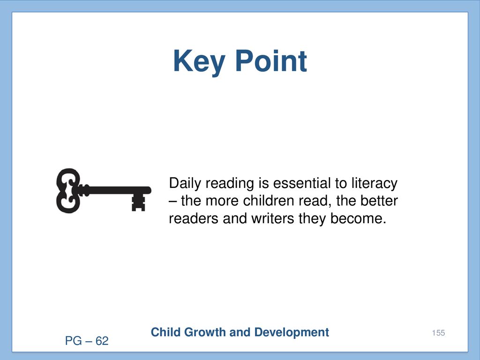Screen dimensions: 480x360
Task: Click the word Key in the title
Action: click(199, 62)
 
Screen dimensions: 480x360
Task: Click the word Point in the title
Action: click(271, 61)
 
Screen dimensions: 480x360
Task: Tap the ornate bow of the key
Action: click(68, 190)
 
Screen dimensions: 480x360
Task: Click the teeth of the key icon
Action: click(138, 202)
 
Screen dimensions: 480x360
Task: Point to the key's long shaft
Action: click(116, 190)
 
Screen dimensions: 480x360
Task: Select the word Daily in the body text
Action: click(185, 184)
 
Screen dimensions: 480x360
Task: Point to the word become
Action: click(358, 218)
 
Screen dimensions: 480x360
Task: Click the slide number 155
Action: click(438, 333)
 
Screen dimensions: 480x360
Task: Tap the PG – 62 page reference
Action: click(87, 341)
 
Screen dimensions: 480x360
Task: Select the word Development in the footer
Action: click(292, 333)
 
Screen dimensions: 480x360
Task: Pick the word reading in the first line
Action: click(230, 184)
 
